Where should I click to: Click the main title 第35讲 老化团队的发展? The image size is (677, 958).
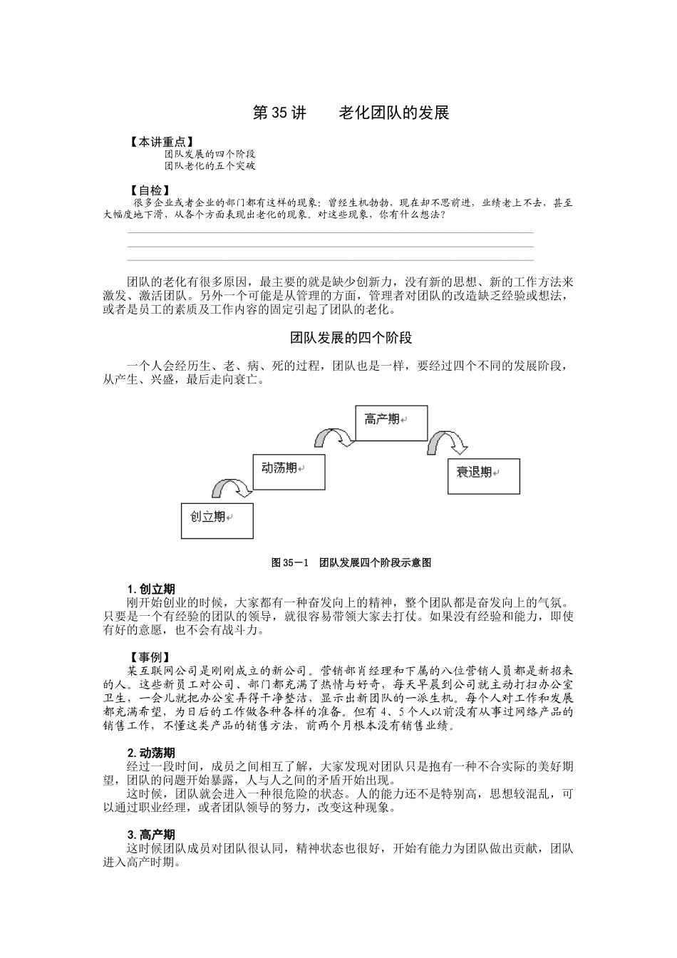(x=351, y=113)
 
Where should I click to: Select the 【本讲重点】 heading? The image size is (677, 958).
(x=160, y=143)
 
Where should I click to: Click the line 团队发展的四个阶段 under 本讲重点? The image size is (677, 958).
(x=210, y=154)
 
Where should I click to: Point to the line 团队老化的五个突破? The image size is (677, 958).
(x=210, y=166)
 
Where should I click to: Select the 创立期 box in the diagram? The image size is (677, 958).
(x=217, y=517)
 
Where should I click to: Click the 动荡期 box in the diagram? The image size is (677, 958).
(x=289, y=472)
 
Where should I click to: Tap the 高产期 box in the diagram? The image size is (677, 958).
(x=391, y=423)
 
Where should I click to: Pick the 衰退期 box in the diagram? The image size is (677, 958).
(x=484, y=476)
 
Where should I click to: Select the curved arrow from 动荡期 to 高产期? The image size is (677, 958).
(x=335, y=436)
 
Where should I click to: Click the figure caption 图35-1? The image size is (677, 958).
(x=351, y=562)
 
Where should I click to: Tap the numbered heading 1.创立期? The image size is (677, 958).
(x=151, y=589)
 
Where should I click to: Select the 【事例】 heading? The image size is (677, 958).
(x=150, y=658)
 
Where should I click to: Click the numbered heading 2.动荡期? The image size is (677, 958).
(x=151, y=753)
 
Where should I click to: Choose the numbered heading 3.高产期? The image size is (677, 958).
(x=151, y=835)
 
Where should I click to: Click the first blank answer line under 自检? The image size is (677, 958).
(x=330, y=232)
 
